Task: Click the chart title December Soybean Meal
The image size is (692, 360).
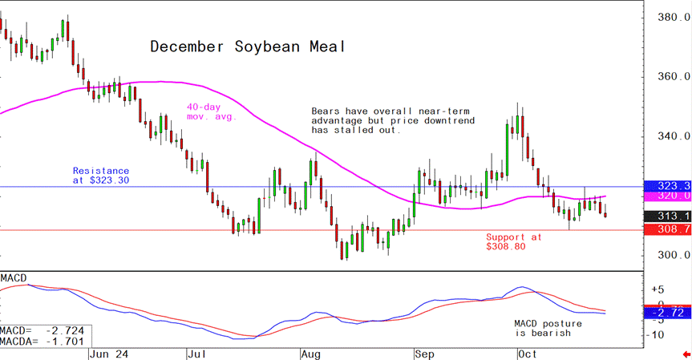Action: click(x=249, y=47)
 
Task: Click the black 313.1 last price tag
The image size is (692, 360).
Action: click(x=672, y=216)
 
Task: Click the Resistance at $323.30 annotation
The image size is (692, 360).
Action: click(x=100, y=176)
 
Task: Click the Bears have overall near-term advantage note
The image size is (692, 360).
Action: click(x=392, y=120)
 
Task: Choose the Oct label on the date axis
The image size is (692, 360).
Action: click(x=527, y=352)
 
